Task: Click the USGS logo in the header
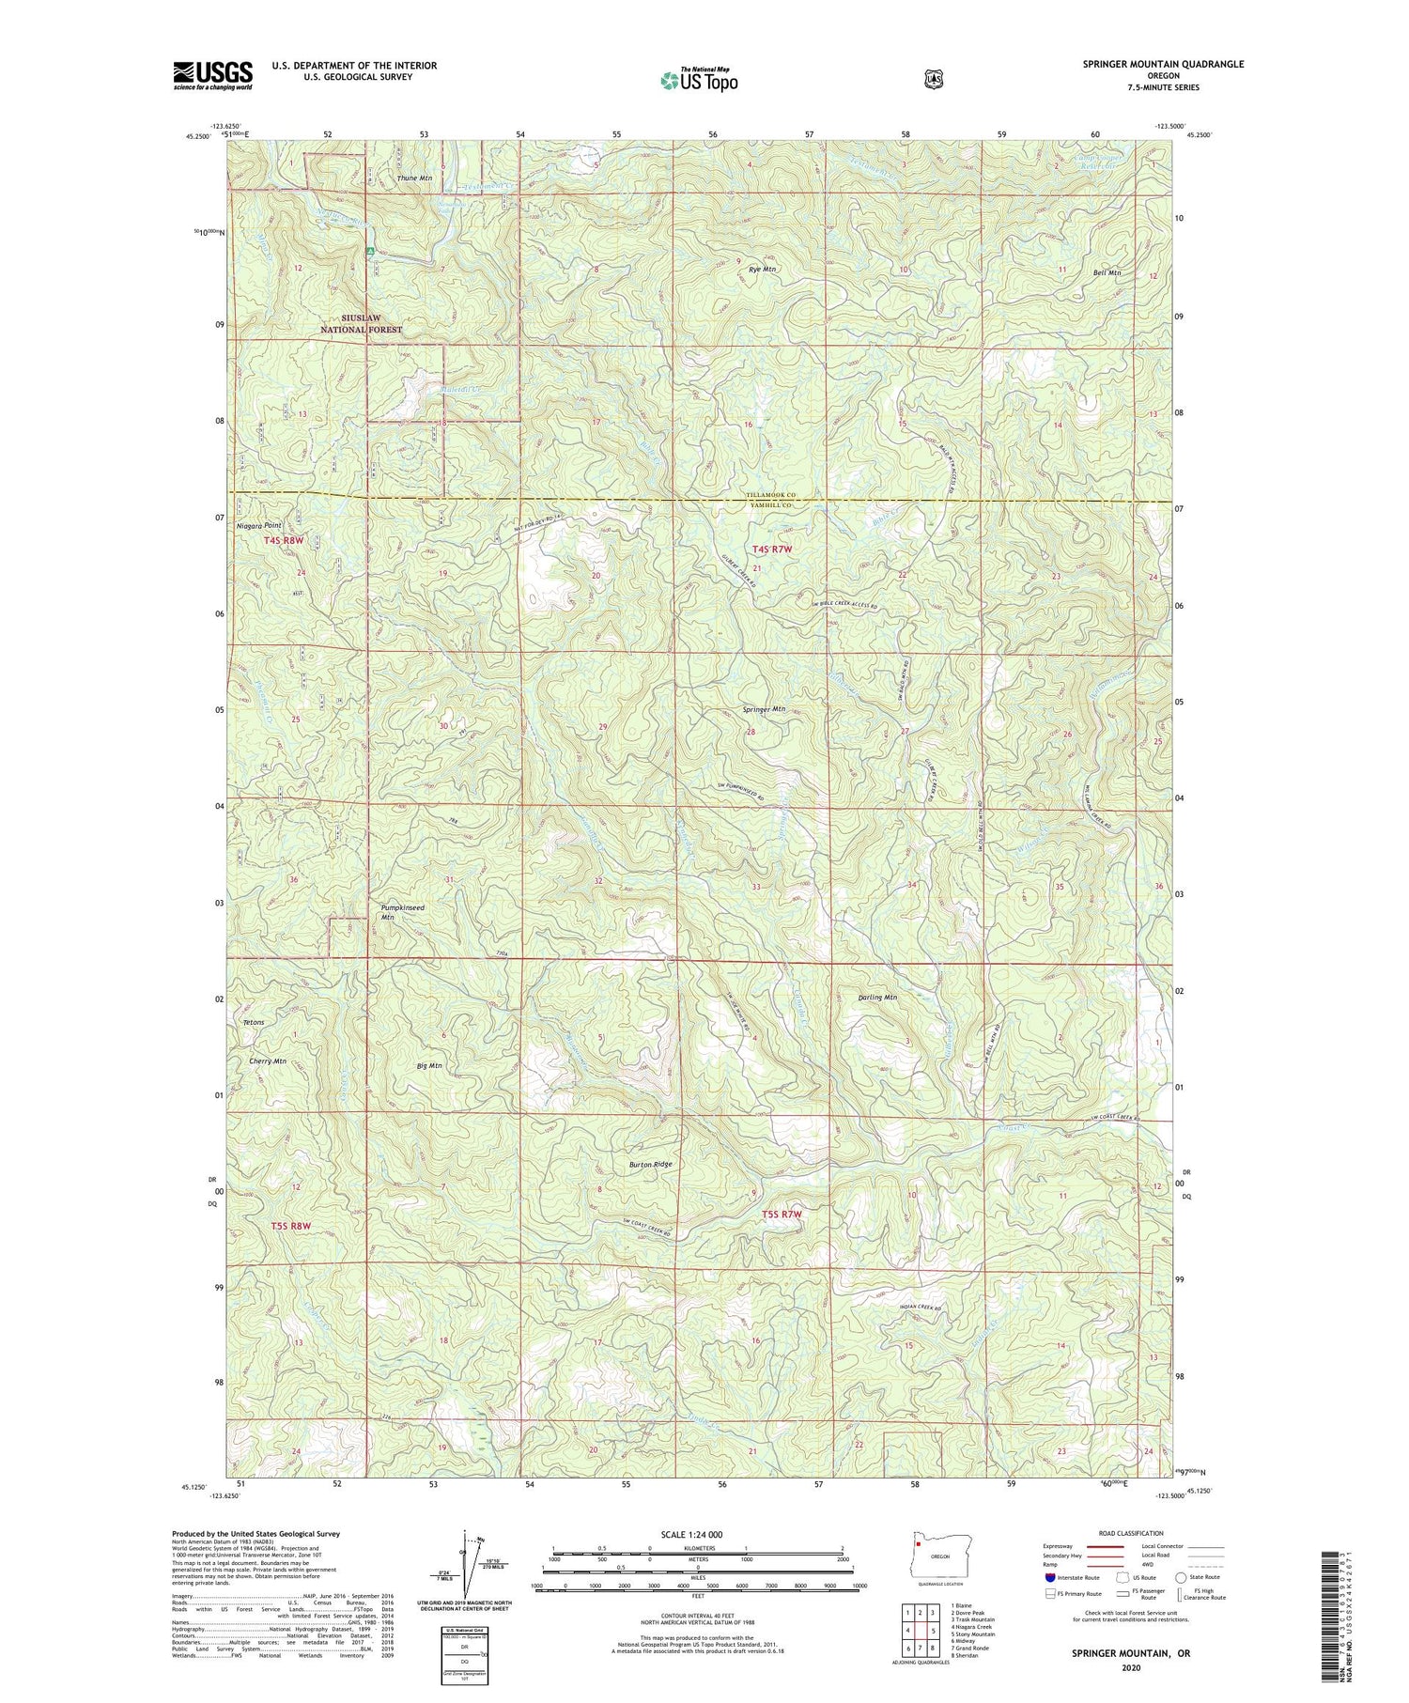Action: [212, 75]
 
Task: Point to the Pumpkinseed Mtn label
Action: [402, 912]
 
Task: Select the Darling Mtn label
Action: [877, 998]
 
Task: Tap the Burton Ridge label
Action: [651, 1164]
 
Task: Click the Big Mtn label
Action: [428, 1066]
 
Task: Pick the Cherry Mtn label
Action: [268, 1061]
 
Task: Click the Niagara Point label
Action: [259, 525]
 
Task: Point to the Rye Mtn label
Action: [762, 270]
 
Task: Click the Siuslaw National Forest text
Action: [361, 324]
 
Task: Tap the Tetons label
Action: [254, 1022]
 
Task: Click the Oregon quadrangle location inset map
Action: [927, 1581]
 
